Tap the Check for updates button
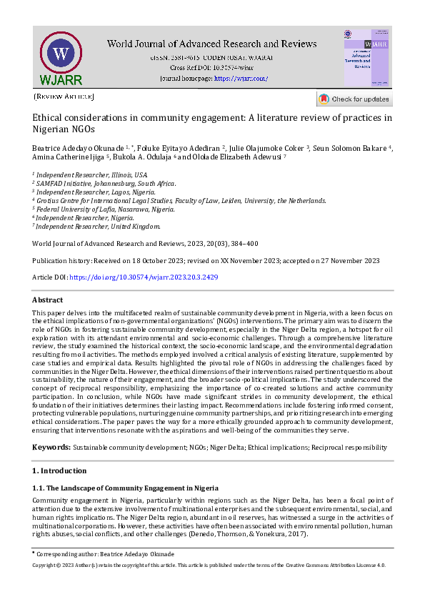(354, 99)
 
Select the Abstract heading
(47, 300)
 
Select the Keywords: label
(51, 448)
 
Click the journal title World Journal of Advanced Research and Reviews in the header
(211, 44)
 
